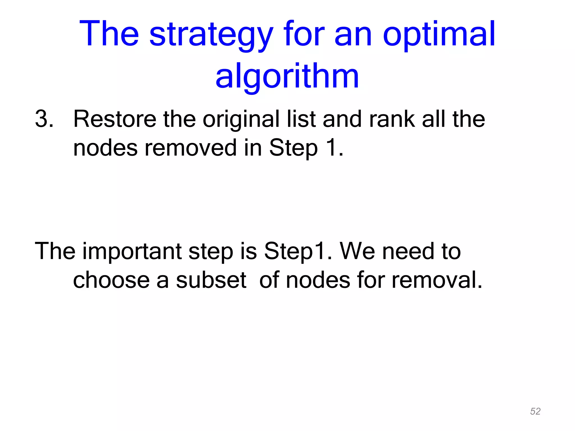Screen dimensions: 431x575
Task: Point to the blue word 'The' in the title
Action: click(109, 34)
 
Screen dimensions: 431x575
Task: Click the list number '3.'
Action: click(44, 119)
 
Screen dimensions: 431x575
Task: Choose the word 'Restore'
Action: click(115, 119)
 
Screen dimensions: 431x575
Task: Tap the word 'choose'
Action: click(111, 280)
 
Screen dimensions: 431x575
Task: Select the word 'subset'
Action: click(211, 280)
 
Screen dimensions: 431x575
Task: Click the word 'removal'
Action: click(437, 280)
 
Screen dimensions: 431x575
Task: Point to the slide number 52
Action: click(535, 411)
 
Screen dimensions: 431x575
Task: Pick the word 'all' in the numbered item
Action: click(433, 119)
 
